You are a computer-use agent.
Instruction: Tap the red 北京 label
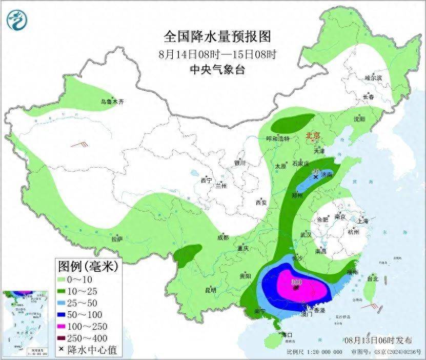click(x=312, y=136)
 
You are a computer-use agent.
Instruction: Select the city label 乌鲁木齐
click(x=112, y=102)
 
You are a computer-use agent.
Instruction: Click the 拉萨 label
click(x=117, y=238)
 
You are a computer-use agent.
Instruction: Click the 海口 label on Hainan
click(x=287, y=334)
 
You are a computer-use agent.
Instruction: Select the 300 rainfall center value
click(x=296, y=282)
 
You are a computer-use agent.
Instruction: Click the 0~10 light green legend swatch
click(x=65, y=279)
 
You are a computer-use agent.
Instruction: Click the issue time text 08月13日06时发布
click(x=378, y=340)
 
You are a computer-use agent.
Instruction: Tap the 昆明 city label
click(x=211, y=290)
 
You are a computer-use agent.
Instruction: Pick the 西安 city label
click(x=261, y=203)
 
